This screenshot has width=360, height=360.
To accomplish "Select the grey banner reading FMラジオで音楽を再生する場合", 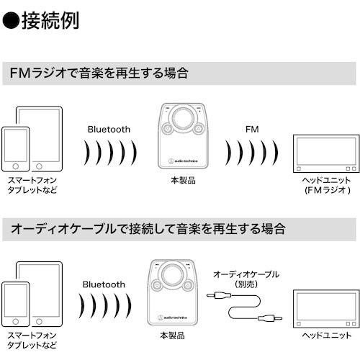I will pos(180,73).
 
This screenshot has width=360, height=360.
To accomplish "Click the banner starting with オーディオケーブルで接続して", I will pos(180,230).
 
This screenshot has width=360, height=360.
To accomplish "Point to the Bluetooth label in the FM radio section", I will pos(109,130).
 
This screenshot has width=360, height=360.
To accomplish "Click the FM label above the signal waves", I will pos(251,130).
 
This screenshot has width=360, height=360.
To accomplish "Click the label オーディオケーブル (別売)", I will pos(246,279).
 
